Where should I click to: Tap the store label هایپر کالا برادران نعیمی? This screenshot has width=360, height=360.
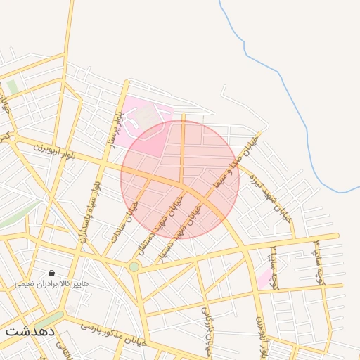(53, 285)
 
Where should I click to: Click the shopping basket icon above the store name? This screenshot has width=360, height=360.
(52, 273)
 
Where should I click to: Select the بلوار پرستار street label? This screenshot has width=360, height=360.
(114, 127)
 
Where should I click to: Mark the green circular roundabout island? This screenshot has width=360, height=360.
(134, 266)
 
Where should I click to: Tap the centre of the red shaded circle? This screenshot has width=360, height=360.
(180, 179)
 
